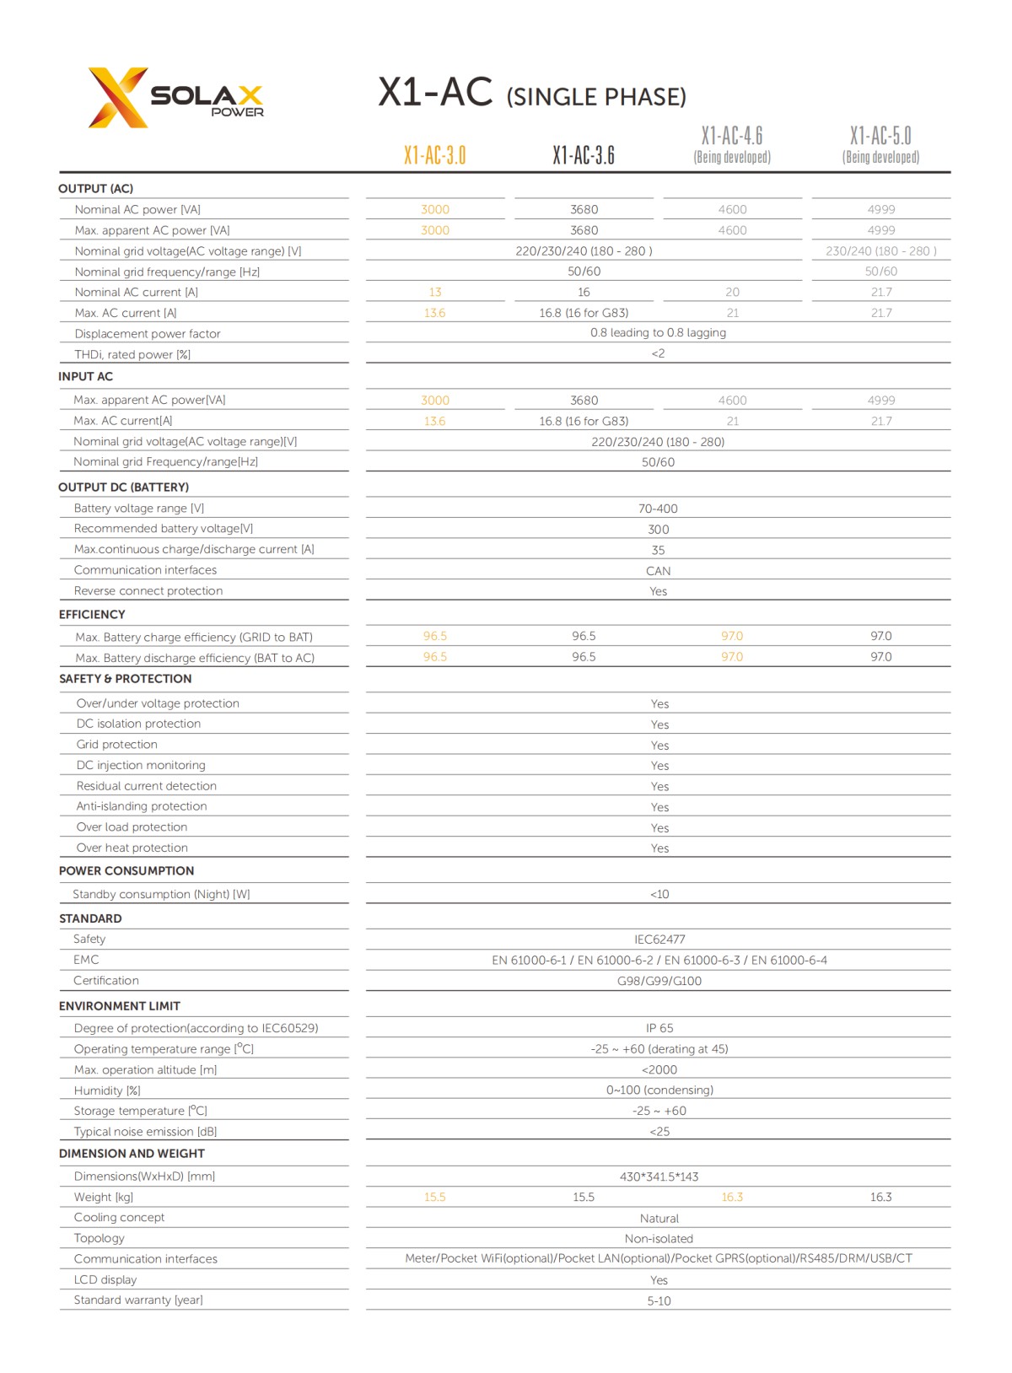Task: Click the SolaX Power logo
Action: click(x=175, y=98)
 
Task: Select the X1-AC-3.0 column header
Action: click(x=434, y=155)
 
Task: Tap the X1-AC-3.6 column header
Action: click(x=584, y=155)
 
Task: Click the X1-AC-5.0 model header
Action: click(x=880, y=137)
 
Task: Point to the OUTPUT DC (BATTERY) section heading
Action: click(x=123, y=487)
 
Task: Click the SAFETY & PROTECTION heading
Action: click(x=125, y=679)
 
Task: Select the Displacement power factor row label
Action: click(x=147, y=334)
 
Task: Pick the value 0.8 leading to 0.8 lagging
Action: click(x=658, y=333)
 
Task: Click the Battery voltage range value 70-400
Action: click(x=658, y=509)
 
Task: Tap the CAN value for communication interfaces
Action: click(x=658, y=571)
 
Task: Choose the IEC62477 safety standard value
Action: click(x=659, y=940)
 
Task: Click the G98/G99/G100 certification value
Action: click(x=659, y=981)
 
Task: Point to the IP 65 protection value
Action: click(x=659, y=1028)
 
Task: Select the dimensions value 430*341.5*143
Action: click(x=659, y=1176)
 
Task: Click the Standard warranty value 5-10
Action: click(x=659, y=1301)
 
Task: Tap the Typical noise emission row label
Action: click(x=145, y=1132)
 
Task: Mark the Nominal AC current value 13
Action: click(x=435, y=293)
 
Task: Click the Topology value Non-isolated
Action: click(x=659, y=1239)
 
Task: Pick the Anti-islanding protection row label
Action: click(x=142, y=806)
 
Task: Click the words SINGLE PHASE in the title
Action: click(x=596, y=98)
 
